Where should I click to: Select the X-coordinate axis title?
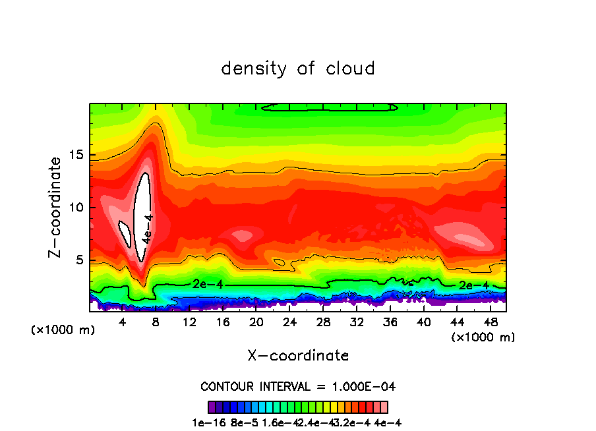click(x=298, y=356)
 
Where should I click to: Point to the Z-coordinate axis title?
click(x=55, y=207)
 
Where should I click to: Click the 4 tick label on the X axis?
click(x=122, y=322)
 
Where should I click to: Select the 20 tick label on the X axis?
click(x=256, y=322)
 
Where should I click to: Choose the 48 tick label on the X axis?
click(x=491, y=322)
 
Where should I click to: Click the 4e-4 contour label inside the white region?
click(x=148, y=227)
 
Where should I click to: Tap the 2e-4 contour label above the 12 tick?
click(x=204, y=283)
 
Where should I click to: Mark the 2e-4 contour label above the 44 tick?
click(x=473, y=285)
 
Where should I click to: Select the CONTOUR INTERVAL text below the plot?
click(x=298, y=386)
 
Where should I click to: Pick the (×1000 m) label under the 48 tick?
click(x=483, y=337)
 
